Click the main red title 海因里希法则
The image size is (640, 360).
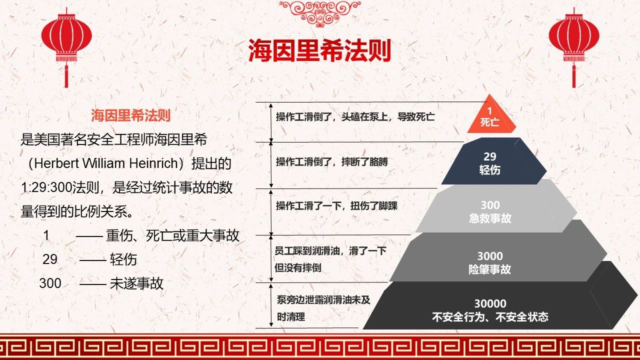[x=319, y=50]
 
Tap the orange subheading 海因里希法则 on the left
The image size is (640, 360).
[x=131, y=115]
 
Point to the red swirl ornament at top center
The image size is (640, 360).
[x=320, y=13]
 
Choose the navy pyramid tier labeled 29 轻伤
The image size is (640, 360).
[x=493, y=161]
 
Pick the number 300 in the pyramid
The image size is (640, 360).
[x=490, y=205]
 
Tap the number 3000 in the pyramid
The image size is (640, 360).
[x=490, y=256]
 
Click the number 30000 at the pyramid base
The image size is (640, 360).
[x=490, y=303]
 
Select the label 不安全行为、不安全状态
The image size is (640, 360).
[x=490, y=317]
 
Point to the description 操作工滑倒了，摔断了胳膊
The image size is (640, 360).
[x=332, y=162]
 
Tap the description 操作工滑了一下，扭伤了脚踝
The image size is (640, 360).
[x=336, y=205]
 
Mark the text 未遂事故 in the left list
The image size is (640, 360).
[x=136, y=283]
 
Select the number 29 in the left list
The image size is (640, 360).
[x=50, y=259]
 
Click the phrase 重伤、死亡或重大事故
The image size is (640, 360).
[x=172, y=235]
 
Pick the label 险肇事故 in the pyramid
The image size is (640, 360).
[x=489, y=269]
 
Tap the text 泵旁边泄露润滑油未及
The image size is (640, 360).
[x=323, y=300]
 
